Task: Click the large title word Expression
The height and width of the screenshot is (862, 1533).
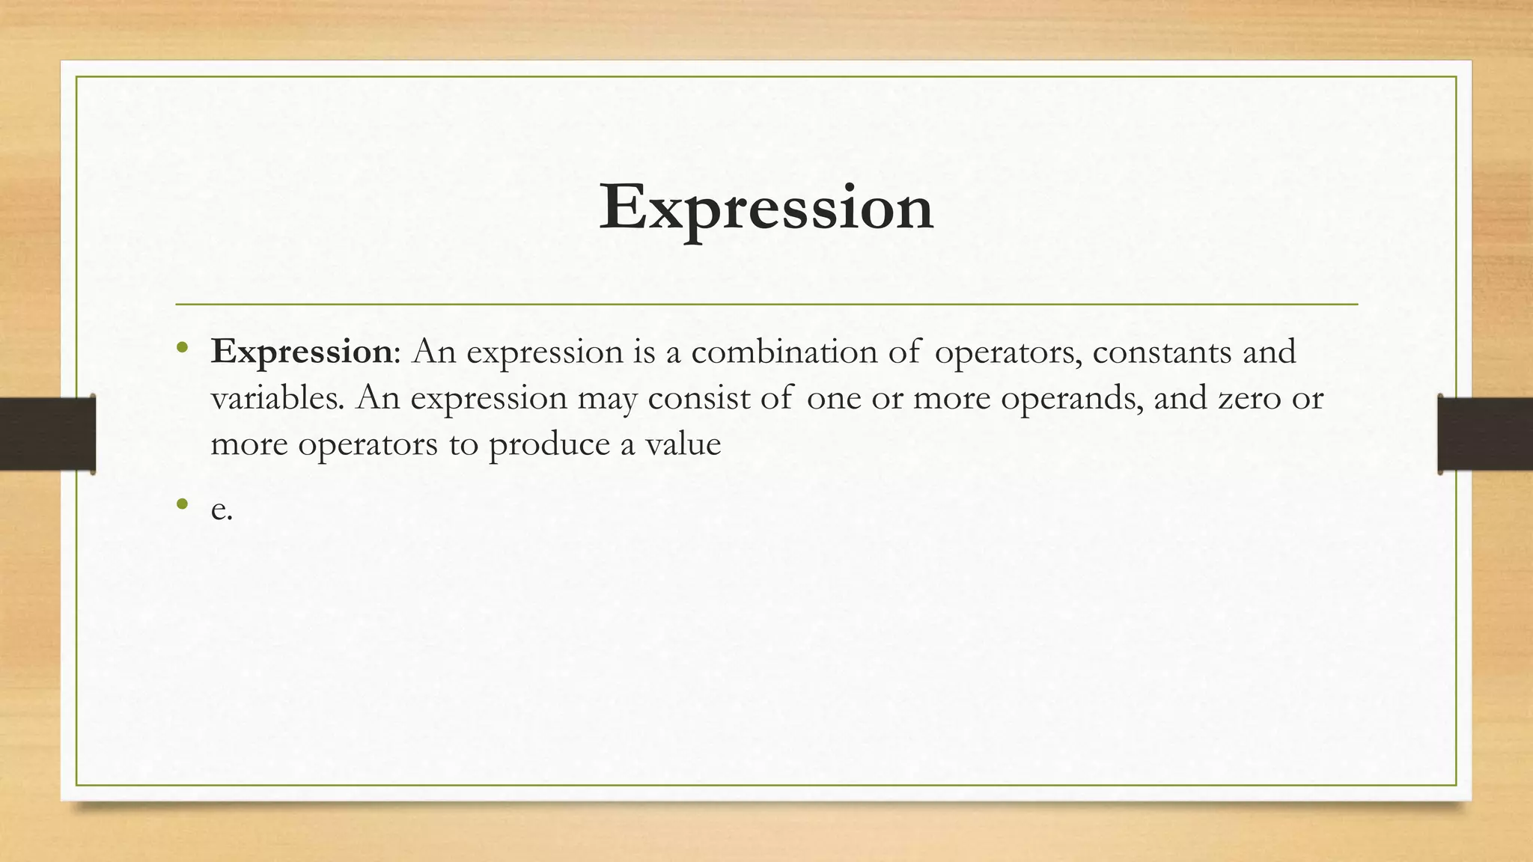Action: tap(766, 208)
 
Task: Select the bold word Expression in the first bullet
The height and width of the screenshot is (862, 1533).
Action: tap(301, 352)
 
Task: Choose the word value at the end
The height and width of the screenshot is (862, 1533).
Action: tap(683, 444)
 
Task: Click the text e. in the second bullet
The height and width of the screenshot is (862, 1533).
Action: tap(222, 510)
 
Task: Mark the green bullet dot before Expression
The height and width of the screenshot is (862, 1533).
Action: tap(182, 347)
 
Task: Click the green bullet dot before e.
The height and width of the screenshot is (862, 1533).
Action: tap(182, 504)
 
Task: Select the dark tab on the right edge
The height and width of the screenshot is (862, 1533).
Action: tap(1485, 434)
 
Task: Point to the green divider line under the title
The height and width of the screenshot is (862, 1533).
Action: tap(766, 305)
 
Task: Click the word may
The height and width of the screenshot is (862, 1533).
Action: tap(606, 399)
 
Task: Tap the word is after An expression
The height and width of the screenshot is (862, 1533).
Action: tap(644, 352)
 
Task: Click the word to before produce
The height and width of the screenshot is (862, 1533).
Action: tap(463, 444)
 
